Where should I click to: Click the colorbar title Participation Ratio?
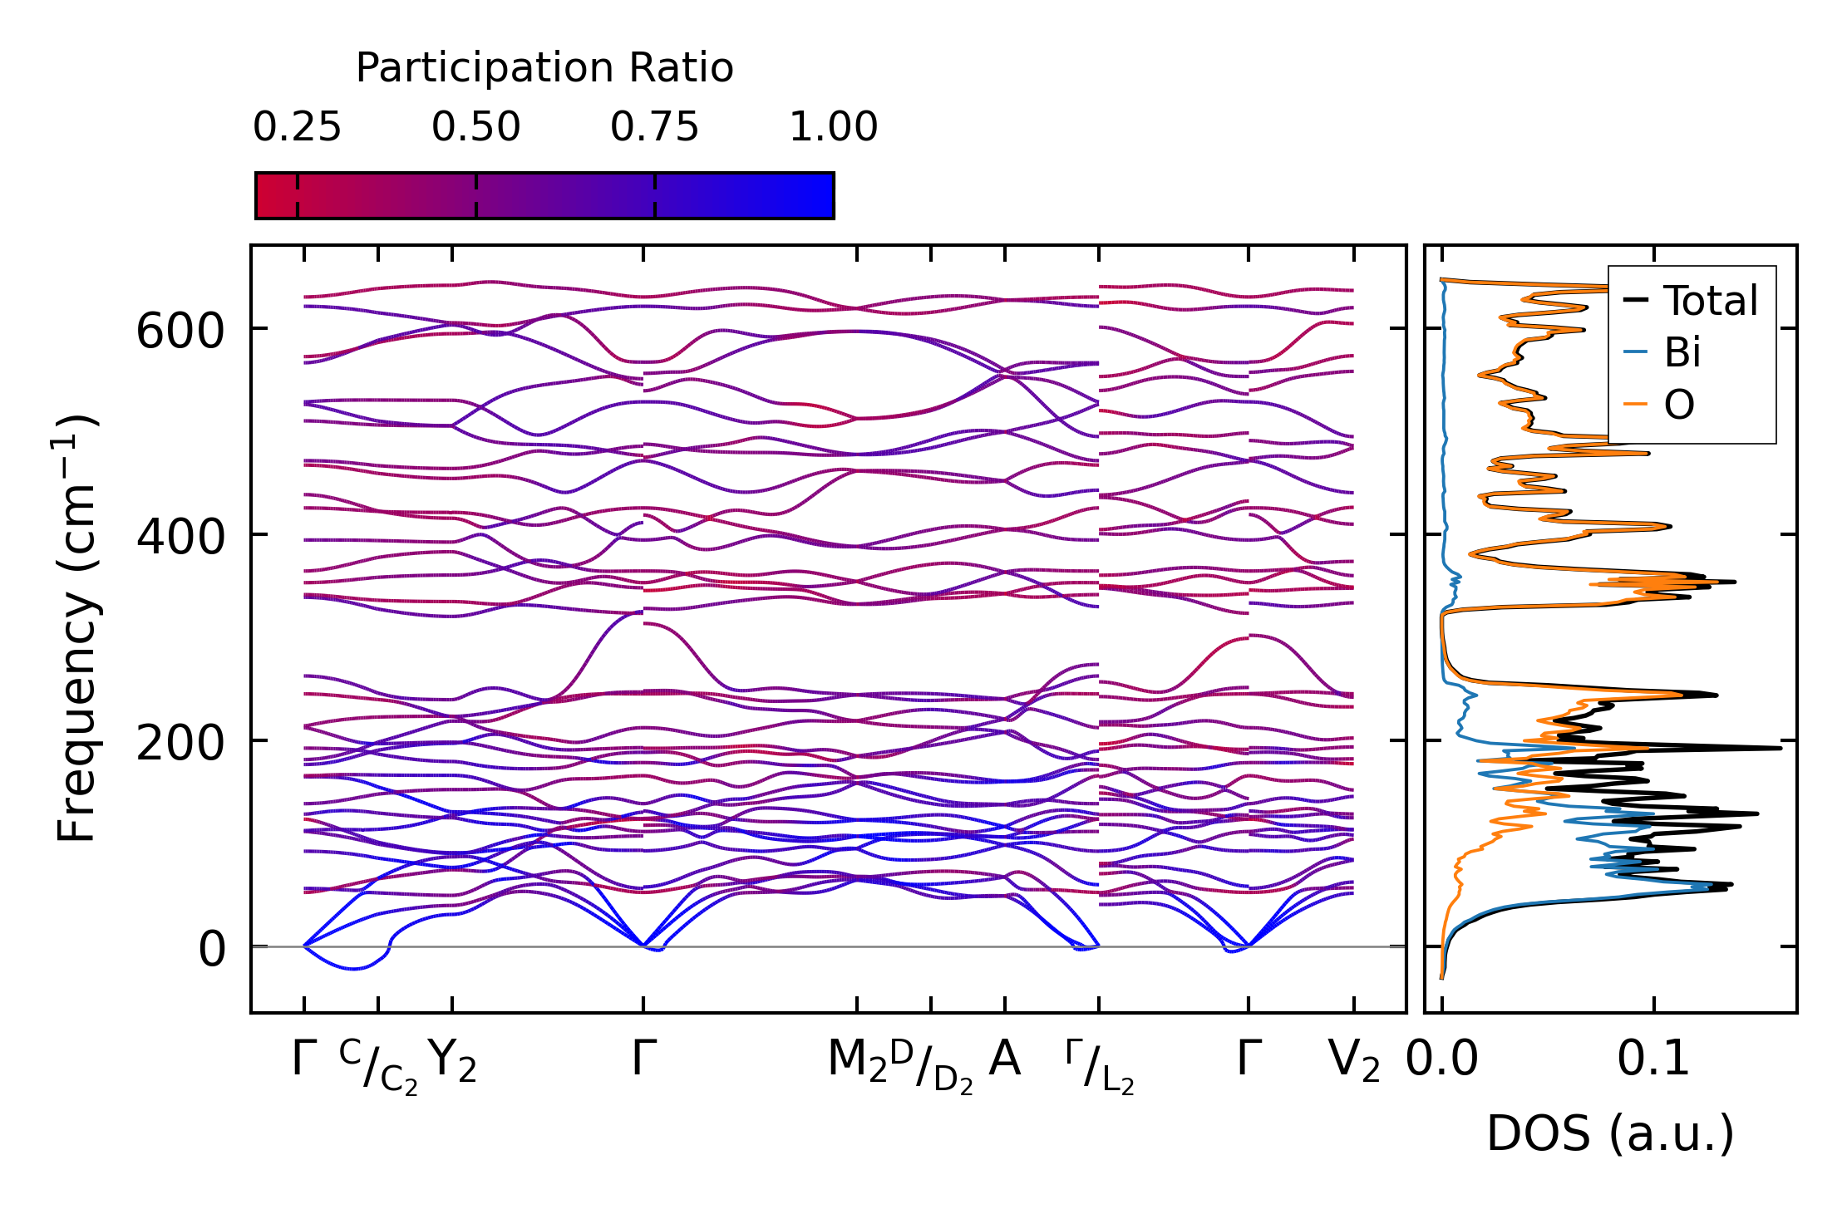click(x=544, y=68)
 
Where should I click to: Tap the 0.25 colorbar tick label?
click(x=297, y=128)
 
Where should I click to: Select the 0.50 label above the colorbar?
click(x=475, y=128)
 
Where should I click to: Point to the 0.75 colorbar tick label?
click(x=654, y=128)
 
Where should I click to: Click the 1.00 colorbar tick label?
click(x=833, y=128)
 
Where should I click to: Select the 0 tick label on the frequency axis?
click(x=211, y=949)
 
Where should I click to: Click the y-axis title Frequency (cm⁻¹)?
click(x=76, y=628)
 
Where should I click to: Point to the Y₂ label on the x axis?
click(x=452, y=1061)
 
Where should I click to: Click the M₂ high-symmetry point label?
click(x=857, y=1061)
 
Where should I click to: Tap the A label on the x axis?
click(x=1004, y=1059)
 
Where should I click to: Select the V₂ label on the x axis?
click(x=1353, y=1061)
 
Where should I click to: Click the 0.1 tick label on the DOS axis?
click(x=1653, y=1059)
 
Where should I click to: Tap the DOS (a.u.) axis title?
click(x=1610, y=1133)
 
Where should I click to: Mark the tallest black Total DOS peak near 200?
click(x=1780, y=749)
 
